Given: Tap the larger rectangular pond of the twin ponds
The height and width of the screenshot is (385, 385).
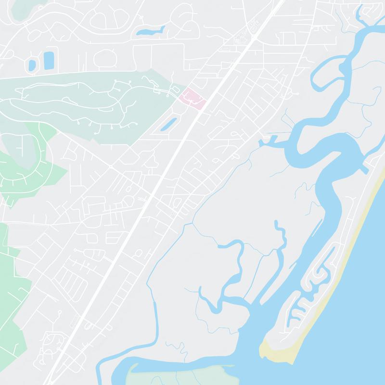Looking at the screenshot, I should [x=49, y=60].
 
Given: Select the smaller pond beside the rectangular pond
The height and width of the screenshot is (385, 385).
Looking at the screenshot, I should [x=32, y=64].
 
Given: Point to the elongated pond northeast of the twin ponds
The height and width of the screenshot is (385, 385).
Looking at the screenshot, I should [x=150, y=32].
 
